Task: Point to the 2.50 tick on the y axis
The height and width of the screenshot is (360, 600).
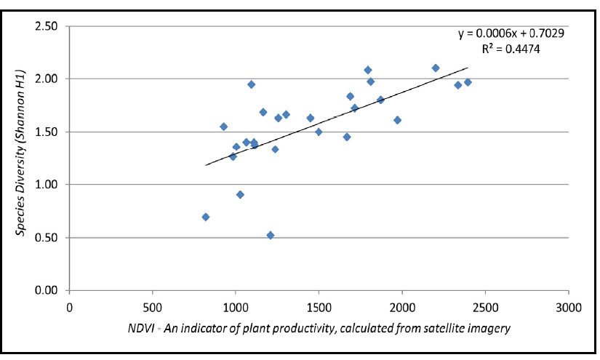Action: coord(48,26)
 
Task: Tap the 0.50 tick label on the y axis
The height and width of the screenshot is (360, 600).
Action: coord(48,238)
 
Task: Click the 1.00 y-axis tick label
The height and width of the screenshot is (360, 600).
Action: coord(48,185)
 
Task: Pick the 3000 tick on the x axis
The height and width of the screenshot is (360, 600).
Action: coord(568,306)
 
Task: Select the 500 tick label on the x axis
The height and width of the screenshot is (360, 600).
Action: coord(152,306)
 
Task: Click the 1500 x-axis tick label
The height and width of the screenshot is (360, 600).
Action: coord(319,306)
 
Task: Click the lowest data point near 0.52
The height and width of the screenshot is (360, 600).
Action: coord(271,235)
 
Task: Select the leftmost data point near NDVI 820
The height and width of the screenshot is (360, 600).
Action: coord(206,217)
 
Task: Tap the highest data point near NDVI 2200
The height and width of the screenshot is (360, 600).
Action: coord(436,68)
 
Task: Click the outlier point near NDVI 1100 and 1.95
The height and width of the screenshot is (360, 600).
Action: coord(252,84)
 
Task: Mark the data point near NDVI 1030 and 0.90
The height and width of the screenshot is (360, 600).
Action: coord(240,194)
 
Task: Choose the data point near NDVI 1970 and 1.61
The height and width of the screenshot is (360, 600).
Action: coord(397,120)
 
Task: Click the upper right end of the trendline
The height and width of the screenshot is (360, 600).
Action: coord(468,68)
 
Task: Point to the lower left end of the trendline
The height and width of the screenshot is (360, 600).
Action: coord(206,165)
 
